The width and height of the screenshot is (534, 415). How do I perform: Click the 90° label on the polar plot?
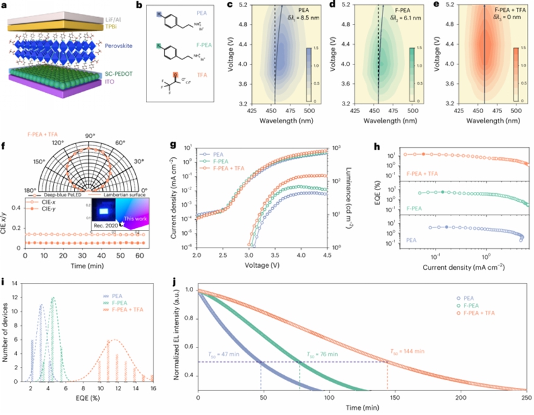click(90, 136)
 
